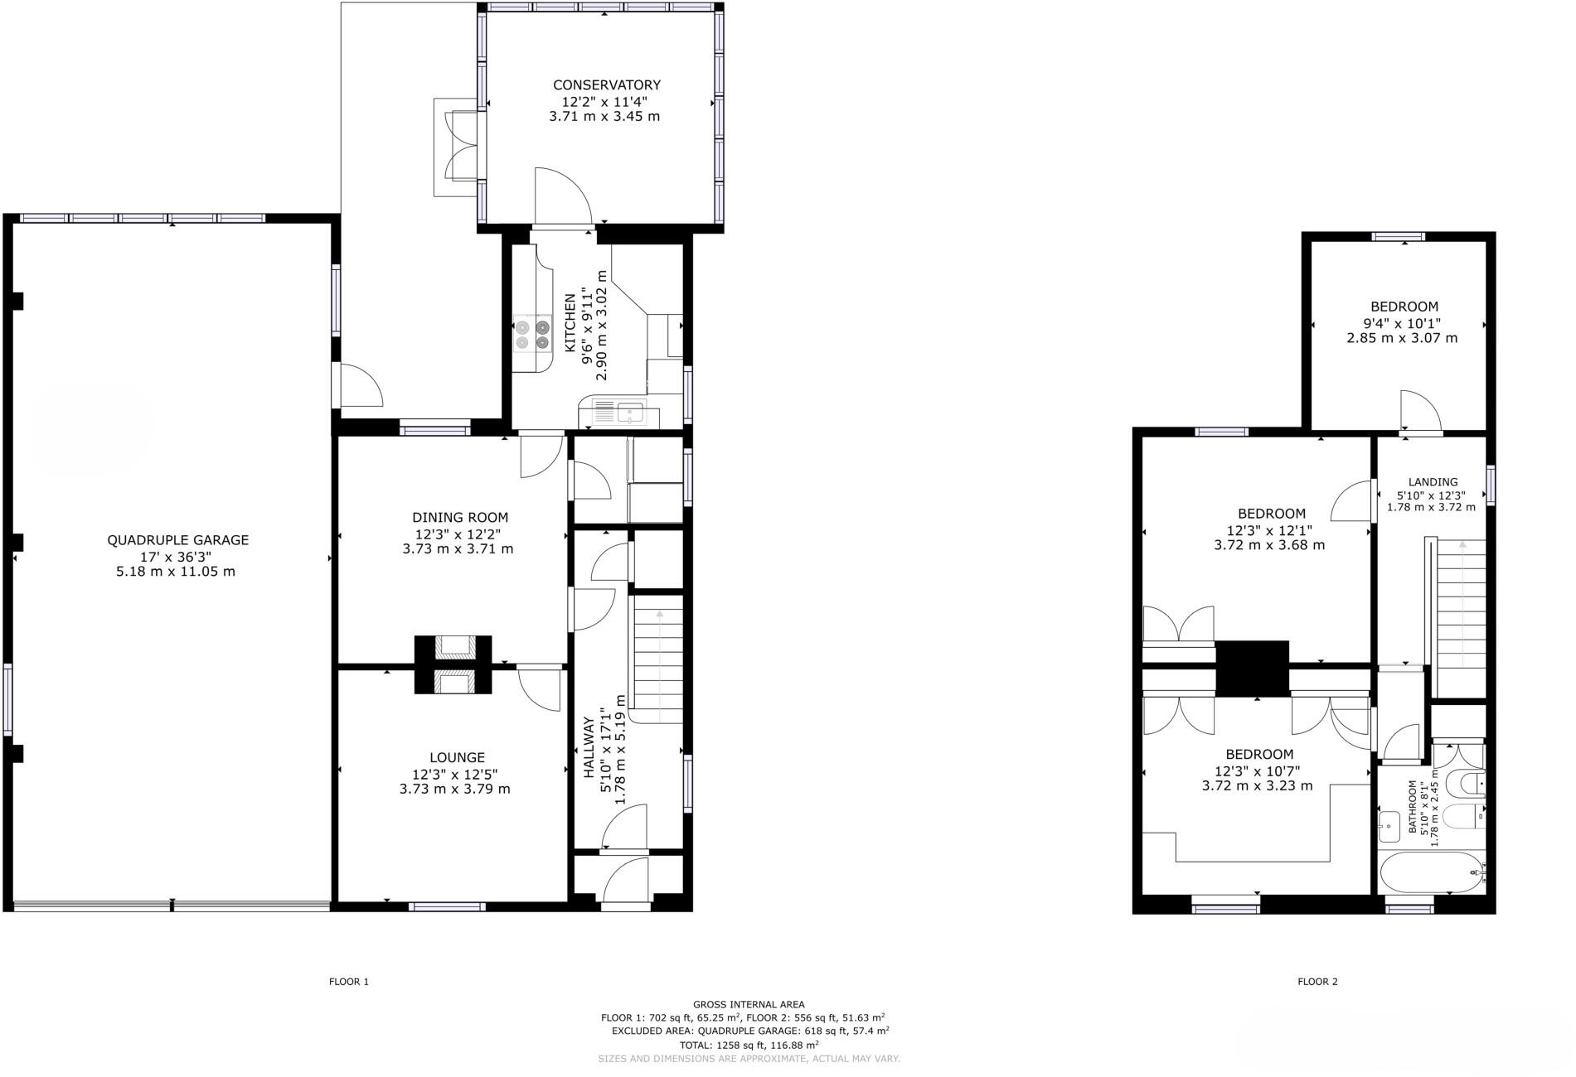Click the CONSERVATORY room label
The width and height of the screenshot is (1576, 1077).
pos(606,85)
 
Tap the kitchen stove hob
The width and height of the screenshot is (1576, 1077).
pos(532,334)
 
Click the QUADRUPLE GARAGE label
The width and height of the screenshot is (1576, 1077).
pos(177,540)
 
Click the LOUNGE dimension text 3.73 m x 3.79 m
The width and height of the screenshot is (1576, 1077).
pos(454,789)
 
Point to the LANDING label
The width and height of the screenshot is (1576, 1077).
pos(1433,482)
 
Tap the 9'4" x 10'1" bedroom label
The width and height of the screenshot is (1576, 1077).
pos(1404,307)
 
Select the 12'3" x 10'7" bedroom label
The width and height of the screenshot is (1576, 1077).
pos(1259,754)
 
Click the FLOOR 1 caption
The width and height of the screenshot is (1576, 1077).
pos(349,982)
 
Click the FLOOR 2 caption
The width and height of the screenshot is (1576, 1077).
pos(1317,982)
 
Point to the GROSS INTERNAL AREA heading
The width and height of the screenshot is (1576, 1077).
pos(749,1004)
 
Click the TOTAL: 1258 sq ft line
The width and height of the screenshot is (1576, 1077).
pos(749,1046)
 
